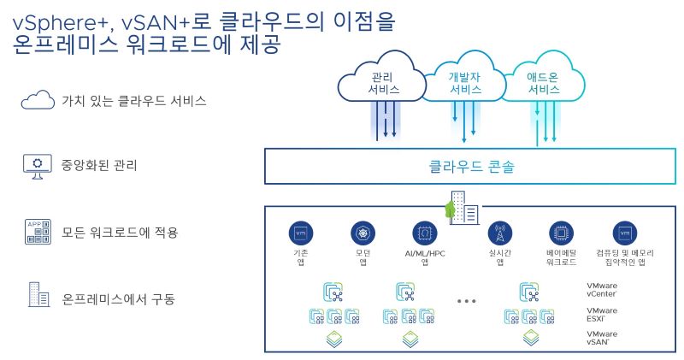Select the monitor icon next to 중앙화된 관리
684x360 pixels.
click(x=38, y=164)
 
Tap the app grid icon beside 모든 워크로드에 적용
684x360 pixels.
click(x=38, y=232)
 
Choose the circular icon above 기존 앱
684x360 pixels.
click(x=300, y=233)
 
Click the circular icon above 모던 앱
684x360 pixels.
click(x=363, y=233)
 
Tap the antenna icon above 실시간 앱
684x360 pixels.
click(x=499, y=233)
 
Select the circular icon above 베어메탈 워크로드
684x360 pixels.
click(x=562, y=233)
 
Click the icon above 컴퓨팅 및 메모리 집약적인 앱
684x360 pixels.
click(x=625, y=233)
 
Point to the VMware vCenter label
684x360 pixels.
click(x=602, y=289)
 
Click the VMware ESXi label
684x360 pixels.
click(x=602, y=314)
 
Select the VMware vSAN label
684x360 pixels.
click(x=602, y=338)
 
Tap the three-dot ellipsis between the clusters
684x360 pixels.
click(x=468, y=301)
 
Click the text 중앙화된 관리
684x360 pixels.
click(x=99, y=164)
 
